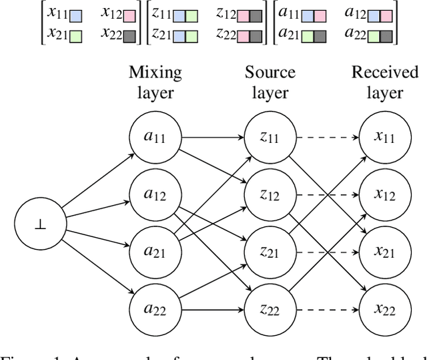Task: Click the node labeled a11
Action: (x=155, y=138)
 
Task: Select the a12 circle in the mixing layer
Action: (x=155, y=194)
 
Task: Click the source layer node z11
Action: (x=269, y=138)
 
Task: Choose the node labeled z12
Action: (x=269, y=194)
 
